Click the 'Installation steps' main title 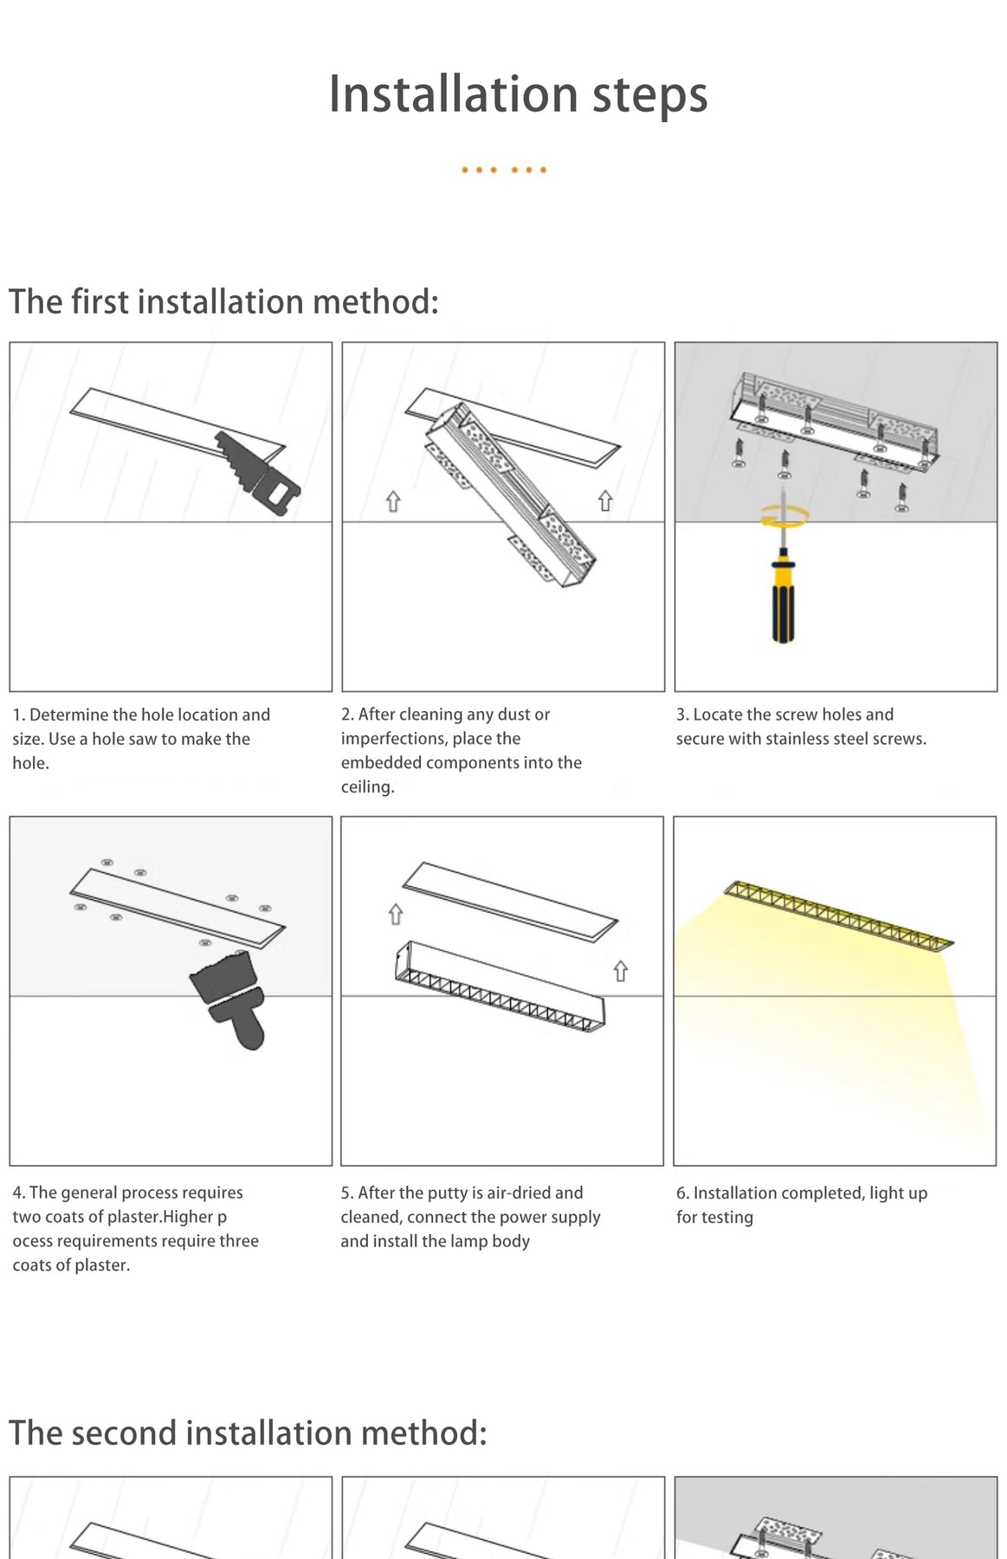click(518, 94)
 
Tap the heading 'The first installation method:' click(223, 301)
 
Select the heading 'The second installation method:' click(248, 1433)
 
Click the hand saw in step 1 click(258, 473)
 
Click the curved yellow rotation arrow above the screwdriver click(784, 516)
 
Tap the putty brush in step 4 click(229, 999)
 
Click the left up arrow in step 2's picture click(393, 501)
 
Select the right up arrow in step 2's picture click(605, 501)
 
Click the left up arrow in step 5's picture click(396, 914)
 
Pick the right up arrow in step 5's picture click(620, 972)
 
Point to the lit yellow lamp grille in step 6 click(838, 915)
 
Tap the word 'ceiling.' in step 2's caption click(368, 787)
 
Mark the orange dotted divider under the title click(504, 170)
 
